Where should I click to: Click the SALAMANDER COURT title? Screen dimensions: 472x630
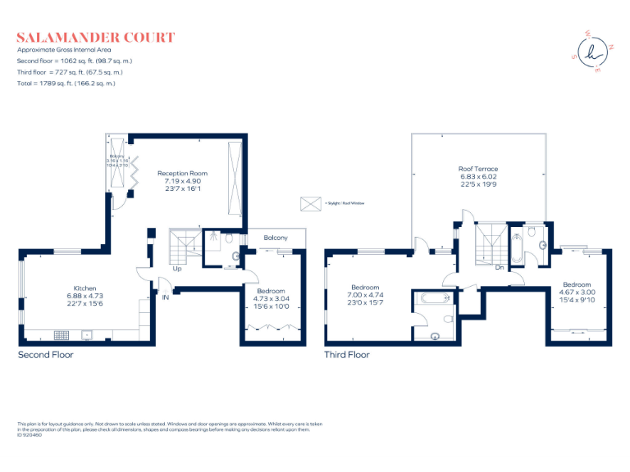(x=96, y=37)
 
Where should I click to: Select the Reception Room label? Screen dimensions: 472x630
(x=182, y=173)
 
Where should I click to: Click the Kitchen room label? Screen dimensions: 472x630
(x=85, y=288)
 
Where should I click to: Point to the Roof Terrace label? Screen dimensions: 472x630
(x=477, y=169)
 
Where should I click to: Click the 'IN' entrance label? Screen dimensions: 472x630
(x=165, y=297)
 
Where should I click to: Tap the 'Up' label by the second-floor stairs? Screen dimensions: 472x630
(x=177, y=268)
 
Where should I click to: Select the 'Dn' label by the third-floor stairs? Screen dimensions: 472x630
(x=499, y=266)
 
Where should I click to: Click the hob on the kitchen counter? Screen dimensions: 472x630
(x=63, y=334)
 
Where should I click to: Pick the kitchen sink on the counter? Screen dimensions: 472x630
(x=87, y=334)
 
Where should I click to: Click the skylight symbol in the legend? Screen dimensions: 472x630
(x=311, y=202)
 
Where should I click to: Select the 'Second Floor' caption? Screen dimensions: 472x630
(x=46, y=355)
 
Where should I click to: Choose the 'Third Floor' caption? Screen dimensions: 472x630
(x=347, y=355)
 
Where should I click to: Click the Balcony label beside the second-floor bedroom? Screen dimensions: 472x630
(x=275, y=238)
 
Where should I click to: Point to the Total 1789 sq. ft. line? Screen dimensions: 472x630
(x=66, y=83)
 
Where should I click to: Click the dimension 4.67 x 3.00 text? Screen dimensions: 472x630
(x=577, y=293)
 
